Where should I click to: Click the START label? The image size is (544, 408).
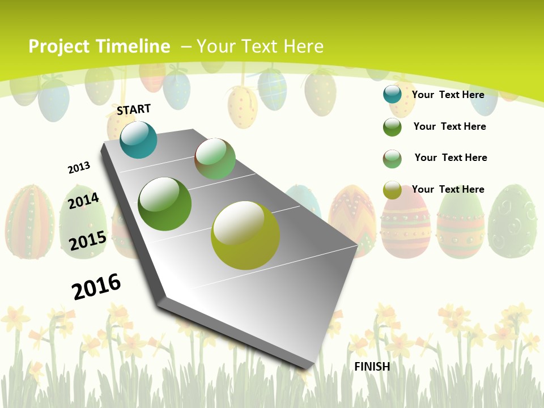[134, 109]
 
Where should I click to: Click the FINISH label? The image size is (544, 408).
[372, 367]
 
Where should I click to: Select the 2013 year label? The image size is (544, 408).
[79, 168]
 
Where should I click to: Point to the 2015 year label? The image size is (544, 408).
[88, 241]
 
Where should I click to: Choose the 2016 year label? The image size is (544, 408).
[96, 286]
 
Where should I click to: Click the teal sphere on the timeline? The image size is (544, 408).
[138, 140]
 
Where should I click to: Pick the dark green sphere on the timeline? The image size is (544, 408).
[165, 204]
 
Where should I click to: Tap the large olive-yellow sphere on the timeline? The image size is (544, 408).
[245, 235]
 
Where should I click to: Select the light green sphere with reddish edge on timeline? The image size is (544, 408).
[215, 159]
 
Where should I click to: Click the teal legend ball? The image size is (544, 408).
[392, 94]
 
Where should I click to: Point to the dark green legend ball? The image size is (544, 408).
[392, 127]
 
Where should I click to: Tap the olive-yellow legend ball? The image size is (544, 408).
[392, 190]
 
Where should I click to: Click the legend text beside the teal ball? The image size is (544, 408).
[448, 95]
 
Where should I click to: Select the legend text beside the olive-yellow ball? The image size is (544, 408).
[448, 189]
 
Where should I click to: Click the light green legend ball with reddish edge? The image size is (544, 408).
[392, 159]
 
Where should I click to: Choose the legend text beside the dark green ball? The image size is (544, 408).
[449, 126]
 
